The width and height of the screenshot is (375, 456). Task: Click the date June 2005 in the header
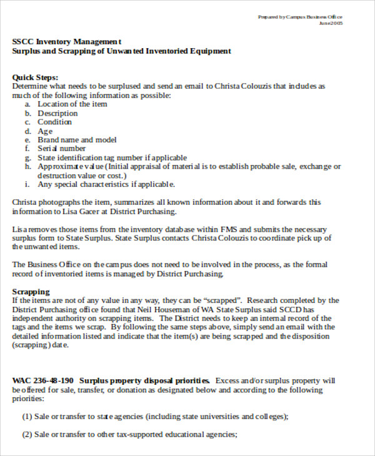(x=331, y=23)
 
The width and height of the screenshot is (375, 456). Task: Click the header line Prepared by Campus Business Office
(x=300, y=17)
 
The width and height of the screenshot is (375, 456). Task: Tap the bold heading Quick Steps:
(x=35, y=77)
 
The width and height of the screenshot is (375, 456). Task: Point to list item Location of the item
(x=72, y=104)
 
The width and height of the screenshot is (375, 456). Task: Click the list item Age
(x=45, y=131)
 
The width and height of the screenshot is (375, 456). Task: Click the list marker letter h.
(x=27, y=167)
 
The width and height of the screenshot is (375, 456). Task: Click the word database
(x=166, y=229)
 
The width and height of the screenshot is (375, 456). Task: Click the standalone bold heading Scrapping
(x=31, y=292)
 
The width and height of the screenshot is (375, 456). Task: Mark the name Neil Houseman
(x=207, y=309)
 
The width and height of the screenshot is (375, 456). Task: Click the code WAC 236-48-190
(x=42, y=380)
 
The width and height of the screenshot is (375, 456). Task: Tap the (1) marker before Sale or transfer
(x=27, y=417)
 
